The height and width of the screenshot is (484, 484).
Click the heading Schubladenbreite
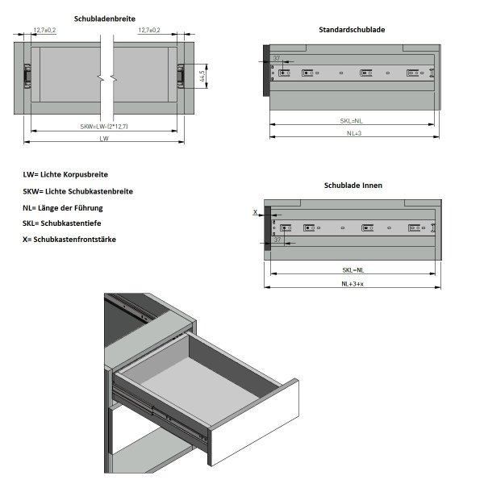pyautogui.click(x=104, y=18)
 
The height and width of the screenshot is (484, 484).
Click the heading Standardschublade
pyautogui.click(x=352, y=30)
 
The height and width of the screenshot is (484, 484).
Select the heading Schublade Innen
pyautogui.click(x=353, y=185)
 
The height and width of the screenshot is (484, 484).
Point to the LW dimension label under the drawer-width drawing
pyautogui.click(x=104, y=139)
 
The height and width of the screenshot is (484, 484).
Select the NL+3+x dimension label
pyautogui.click(x=353, y=284)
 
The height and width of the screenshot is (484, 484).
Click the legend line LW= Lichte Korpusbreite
pyautogui.click(x=66, y=174)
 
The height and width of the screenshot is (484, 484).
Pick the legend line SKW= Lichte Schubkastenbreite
pyautogui.click(x=78, y=191)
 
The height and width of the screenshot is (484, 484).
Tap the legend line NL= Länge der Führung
pyautogui.click(x=63, y=207)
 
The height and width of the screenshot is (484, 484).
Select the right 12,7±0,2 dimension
pyautogui.click(x=149, y=31)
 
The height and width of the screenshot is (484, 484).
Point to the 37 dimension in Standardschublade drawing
pyautogui.click(x=277, y=58)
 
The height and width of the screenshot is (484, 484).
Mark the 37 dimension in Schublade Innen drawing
pyautogui.click(x=277, y=240)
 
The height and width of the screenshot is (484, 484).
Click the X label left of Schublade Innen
pyautogui.click(x=256, y=213)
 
